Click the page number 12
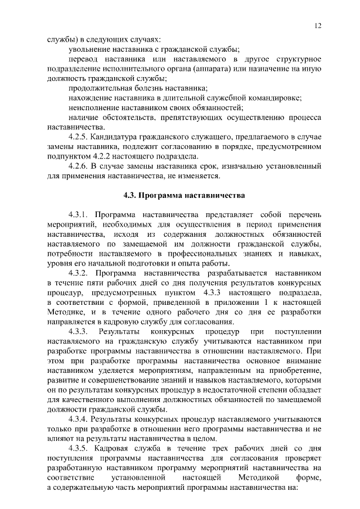(318, 26)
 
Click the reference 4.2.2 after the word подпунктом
(105, 156)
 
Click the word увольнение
(89, 49)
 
